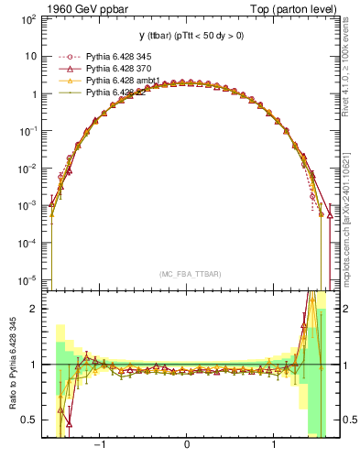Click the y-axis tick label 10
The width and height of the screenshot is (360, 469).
click(31, 56)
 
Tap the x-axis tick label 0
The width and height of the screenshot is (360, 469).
click(187, 444)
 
